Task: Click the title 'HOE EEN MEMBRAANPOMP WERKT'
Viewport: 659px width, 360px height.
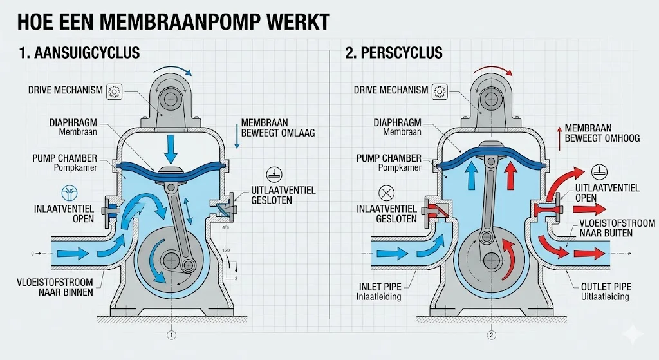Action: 172,21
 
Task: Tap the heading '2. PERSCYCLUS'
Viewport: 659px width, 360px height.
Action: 394,52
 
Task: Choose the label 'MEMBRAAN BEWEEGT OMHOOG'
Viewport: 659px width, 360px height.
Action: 602,133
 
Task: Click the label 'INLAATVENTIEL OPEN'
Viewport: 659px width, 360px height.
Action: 65,214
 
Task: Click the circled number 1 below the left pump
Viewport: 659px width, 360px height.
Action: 171,335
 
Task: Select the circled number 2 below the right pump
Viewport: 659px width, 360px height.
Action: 492,335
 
